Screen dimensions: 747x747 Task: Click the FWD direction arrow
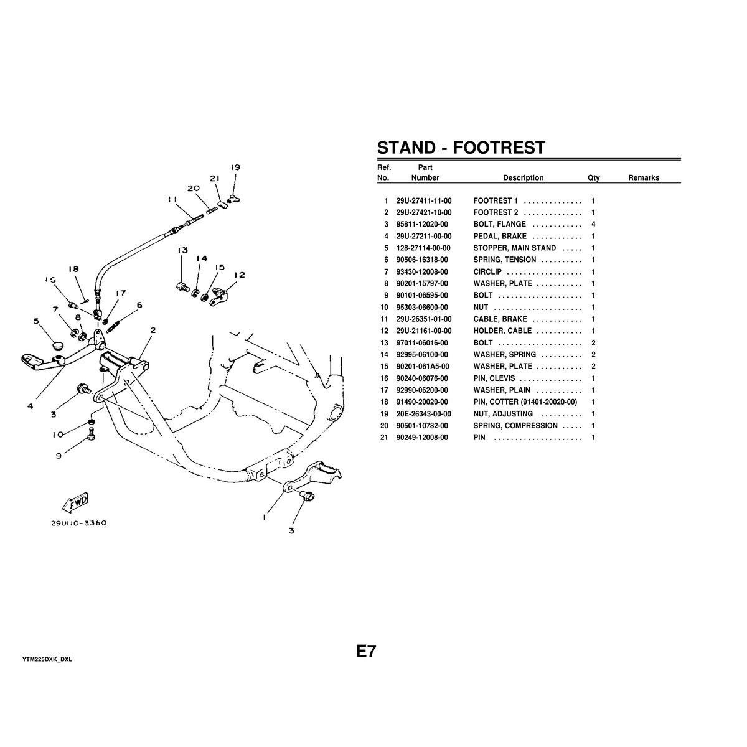[x=75, y=502]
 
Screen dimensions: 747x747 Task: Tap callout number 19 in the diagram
[x=235, y=167]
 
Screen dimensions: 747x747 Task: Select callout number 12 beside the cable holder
[x=240, y=275]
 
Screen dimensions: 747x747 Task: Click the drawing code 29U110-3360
[x=79, y=523]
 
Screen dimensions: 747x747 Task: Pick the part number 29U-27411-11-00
[x=423, y=201]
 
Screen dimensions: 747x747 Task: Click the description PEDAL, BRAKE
[x=500, y=237]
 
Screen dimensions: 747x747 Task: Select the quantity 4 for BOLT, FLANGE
[x=593, y=224]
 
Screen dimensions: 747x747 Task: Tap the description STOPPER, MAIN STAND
[x=514, y=248]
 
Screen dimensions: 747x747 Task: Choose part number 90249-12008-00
[x=423, y=438]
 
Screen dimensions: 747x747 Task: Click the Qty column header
[x=593, y=178]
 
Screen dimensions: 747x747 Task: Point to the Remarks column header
[x=643, y=178]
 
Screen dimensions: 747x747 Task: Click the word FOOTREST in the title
[x=499, y=148]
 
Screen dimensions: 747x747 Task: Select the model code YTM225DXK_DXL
[x=47, y=659]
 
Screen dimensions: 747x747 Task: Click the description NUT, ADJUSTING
[x=503, y=414]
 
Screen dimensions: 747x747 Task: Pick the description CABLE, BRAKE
[x=500, y=319]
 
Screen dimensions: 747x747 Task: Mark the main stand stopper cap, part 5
[x=59, y=345]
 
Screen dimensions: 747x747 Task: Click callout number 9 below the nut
[x=59, y=455]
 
